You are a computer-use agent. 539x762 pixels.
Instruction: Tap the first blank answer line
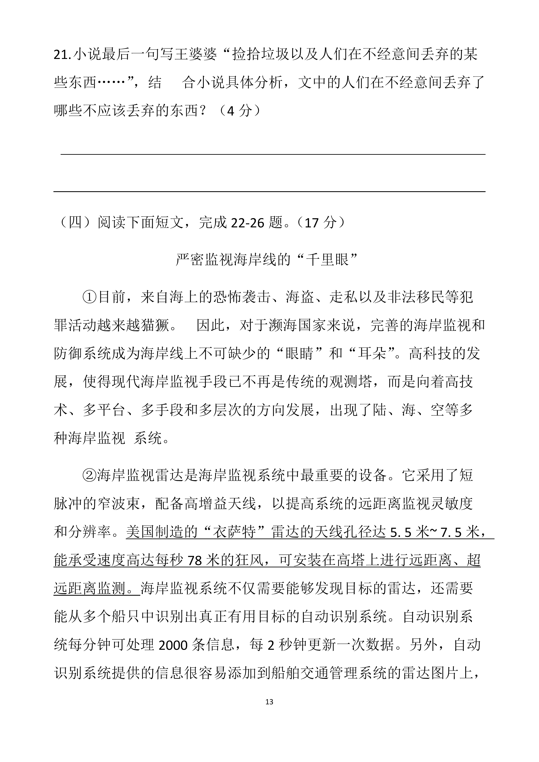(x=273, y=154)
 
